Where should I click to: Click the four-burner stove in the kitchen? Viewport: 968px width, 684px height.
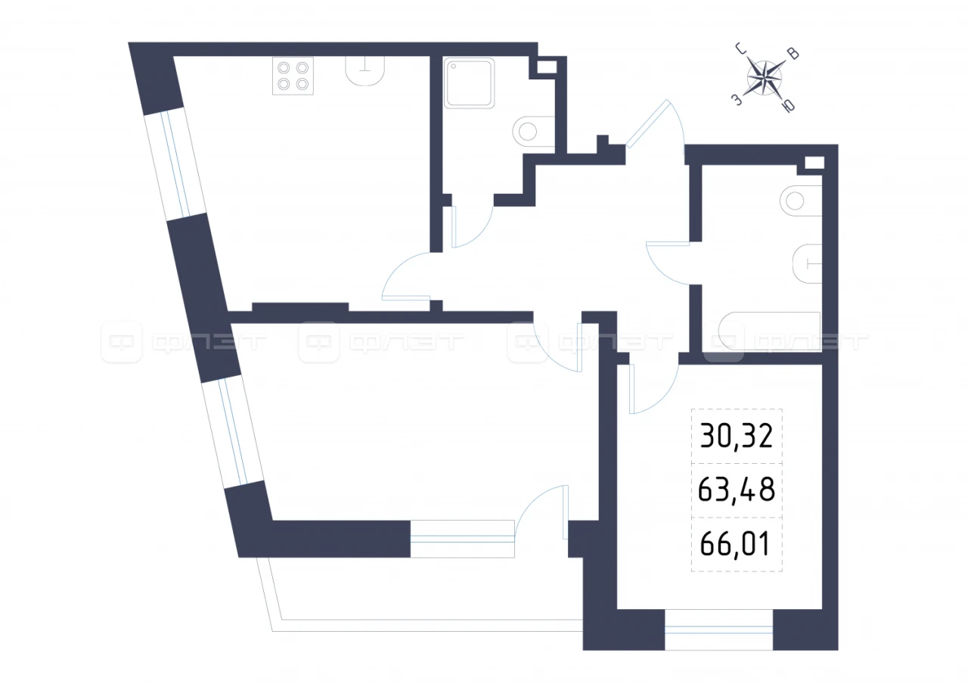tap(293, 76)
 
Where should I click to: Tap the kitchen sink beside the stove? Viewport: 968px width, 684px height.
tap(365, 71)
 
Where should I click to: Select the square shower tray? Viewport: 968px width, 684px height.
tap(470, 82)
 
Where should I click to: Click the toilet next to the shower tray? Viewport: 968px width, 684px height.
tap(533, 132)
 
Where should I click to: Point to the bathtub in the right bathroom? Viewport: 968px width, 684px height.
tap(769, 331)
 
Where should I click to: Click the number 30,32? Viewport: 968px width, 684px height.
tap(737, 437)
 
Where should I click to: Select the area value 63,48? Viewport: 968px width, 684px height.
tap(737, 490)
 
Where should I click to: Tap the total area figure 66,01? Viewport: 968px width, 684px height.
tap(735, 543)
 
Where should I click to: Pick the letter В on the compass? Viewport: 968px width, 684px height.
tap(793, 54)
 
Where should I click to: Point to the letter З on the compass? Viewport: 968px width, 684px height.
tap(737, 101)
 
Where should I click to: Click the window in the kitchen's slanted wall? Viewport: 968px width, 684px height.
tap(175, 164)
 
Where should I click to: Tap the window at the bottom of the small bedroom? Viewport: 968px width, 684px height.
tap(718, 630)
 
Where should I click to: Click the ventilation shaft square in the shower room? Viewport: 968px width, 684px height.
tap(547, 67)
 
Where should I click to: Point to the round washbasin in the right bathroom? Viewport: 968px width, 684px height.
tap(801, 201)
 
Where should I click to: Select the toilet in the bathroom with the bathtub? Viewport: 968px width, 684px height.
tap(807, 264)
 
